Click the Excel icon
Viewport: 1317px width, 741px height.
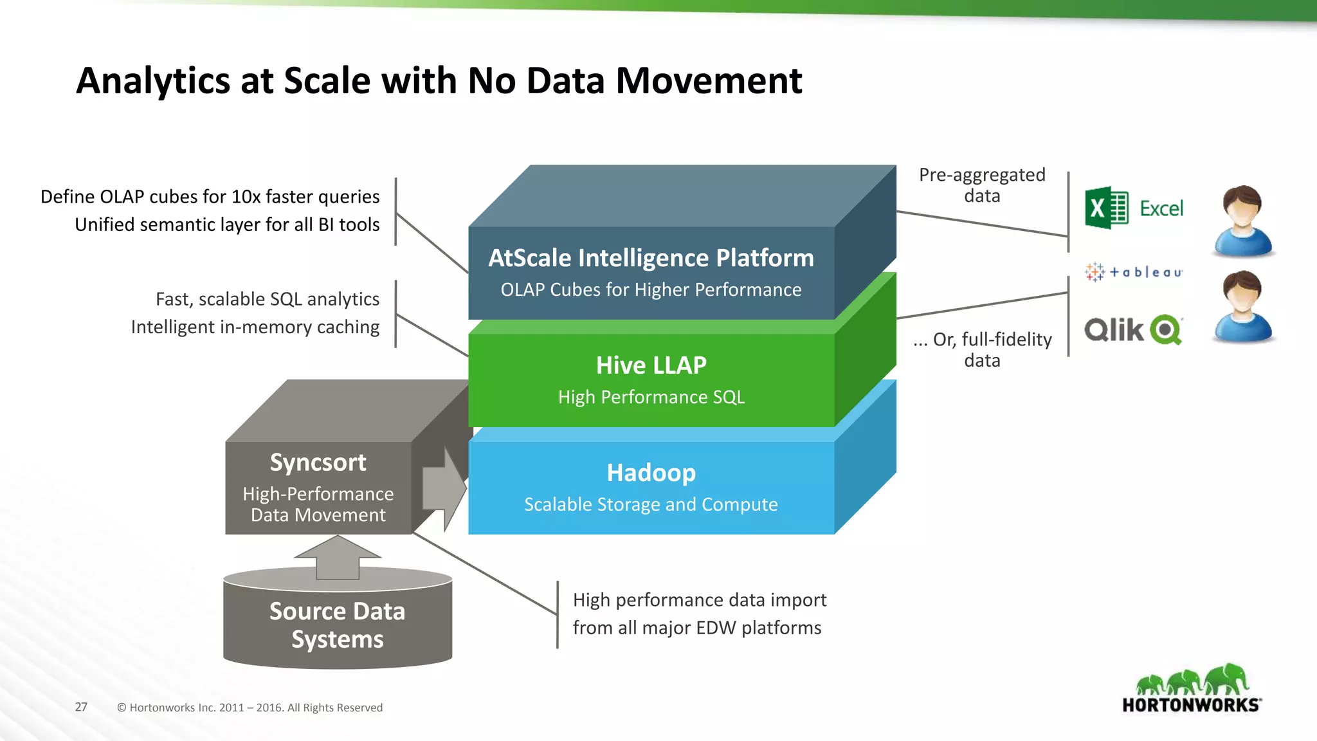click(1106, 208)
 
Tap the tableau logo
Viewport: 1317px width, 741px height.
click(1134, 272)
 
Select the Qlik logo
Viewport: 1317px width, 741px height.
click(1133, 330)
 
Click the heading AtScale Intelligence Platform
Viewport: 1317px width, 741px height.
click(651, 258)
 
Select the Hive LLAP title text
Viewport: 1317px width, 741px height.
click(651, 365)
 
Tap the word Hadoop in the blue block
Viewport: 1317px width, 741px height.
click(651, 473)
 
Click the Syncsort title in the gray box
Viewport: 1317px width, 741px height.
click(318, 462)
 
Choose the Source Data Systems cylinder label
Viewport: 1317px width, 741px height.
click(337, 625)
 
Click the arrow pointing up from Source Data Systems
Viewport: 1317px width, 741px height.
click(337, 557)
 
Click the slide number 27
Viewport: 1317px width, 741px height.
click(81, 707)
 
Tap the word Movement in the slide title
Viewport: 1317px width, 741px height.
click(709, 81)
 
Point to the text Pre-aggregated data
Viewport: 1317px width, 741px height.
click(981, 185)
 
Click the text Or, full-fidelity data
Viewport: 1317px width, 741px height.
click(983, 349)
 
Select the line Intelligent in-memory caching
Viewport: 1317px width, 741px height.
click(255, 327)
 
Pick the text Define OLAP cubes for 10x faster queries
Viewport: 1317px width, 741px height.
click(210, 197)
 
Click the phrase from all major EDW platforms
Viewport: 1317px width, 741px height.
click(696, 628)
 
